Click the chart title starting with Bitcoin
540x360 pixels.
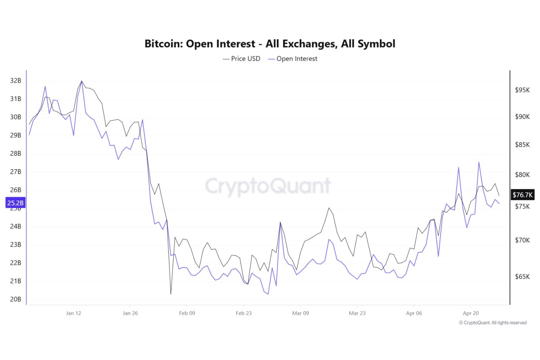(x=270, y=43)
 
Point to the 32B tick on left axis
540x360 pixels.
(x=15, y=81)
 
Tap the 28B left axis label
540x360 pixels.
(x=15, y=153)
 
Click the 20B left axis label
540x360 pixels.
(x=15, y=299)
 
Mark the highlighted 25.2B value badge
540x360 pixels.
(x=15, y=203)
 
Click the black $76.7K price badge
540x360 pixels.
(x=523, y=195)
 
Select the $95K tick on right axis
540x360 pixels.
(x=523, y=90)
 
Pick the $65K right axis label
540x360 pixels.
(x=523, y=277)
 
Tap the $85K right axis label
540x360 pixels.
(x=523, y=145)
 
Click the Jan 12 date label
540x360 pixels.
(x=73, y=313)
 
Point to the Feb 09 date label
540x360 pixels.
(x=187, y=313)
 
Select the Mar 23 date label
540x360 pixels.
(x=357, y=313)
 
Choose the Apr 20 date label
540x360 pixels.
(x=471, y=313)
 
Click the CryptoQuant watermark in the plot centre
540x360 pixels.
(x=268, y=186)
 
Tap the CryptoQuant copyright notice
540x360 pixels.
(x=493, y=323)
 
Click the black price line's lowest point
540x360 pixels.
(x=171, y=294)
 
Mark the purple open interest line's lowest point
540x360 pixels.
(x=268, y=294)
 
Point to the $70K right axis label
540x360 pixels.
(x=523, y=240)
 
